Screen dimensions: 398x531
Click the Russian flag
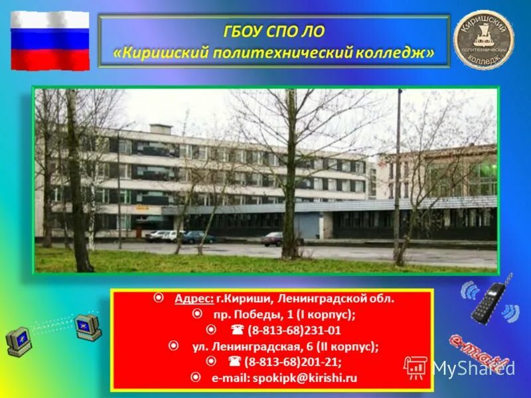pos(50,40)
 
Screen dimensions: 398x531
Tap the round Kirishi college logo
pos(483,40)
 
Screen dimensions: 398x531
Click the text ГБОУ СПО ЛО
pos(273,31)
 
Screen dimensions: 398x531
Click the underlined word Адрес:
pos(193,298)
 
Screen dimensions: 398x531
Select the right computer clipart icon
pos(88,327)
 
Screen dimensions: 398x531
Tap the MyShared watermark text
pos(472,367)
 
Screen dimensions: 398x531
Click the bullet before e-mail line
pos(196,377)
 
